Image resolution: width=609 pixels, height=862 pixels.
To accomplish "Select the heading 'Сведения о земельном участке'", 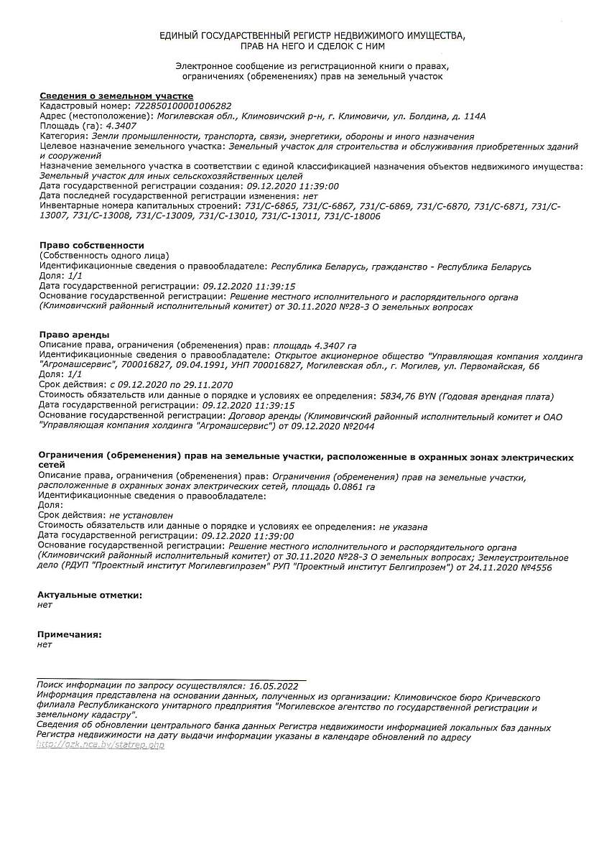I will pyautogui.click(x=116, y=96).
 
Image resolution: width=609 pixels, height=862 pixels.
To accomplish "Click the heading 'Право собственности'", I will pyautogui.click(x=91, y=246).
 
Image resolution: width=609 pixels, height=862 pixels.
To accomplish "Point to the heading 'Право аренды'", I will pyautogui.click(x=74, y=335).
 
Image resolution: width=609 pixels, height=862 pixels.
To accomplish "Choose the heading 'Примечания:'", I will pyautogui.click(x=69, y=635).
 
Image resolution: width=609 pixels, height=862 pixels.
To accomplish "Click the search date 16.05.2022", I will pyautogui.click(x=272, y=686).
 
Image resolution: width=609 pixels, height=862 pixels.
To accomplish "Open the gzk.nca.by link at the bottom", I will pyautogui.click(x=101, y=746).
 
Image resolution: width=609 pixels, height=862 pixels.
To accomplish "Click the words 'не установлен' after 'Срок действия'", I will pyautogui.click(x=141, y=515).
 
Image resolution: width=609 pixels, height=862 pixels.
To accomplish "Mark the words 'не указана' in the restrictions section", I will pyautogui.click(x=403, y=526).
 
